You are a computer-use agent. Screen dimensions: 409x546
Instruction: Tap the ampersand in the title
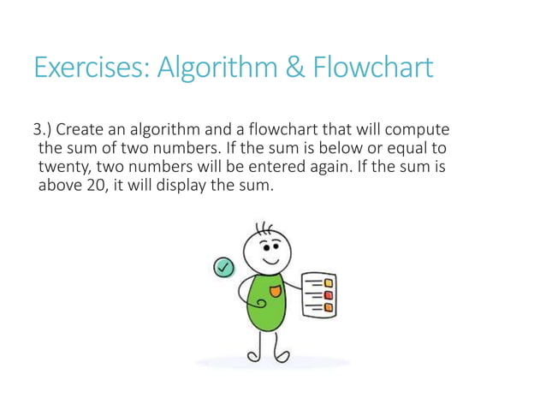[x=293, y=68]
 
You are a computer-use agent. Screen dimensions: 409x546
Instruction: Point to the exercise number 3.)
[x=44, y=131]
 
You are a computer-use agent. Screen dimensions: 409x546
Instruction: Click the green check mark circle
[x=223, y=268]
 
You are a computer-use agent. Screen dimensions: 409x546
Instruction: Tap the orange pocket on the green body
[x=275, y=293]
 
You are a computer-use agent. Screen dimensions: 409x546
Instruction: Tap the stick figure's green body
[x=264, y=304]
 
